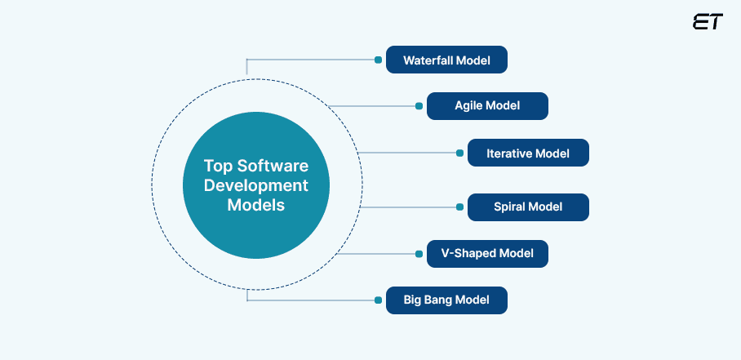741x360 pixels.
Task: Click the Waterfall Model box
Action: tap(446, 60)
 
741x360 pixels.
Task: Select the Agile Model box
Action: tap(487, 106)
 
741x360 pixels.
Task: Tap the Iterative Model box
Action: tap(527, 153)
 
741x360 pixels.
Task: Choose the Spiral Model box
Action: tap(527, 207)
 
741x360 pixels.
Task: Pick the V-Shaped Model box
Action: tap(487, 254)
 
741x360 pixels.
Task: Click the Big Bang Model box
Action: tap(446, 300)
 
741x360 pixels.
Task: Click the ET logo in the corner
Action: tap(707, 22)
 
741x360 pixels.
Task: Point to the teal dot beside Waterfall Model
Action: tap(378, 60)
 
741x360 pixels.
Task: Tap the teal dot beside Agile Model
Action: tap(419, 106)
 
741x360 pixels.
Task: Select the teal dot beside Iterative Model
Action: tap(459, 153)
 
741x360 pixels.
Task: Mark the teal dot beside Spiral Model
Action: tap(459, 207)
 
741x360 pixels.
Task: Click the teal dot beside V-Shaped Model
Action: tap(419, 254)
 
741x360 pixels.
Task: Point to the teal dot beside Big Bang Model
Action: tap(378, 300)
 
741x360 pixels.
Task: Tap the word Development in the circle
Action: tap(255, 185)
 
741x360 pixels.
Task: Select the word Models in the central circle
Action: tap(255, 206)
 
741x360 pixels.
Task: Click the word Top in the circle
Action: tap(219, 165)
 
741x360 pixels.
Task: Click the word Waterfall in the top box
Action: tap(430, 60)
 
